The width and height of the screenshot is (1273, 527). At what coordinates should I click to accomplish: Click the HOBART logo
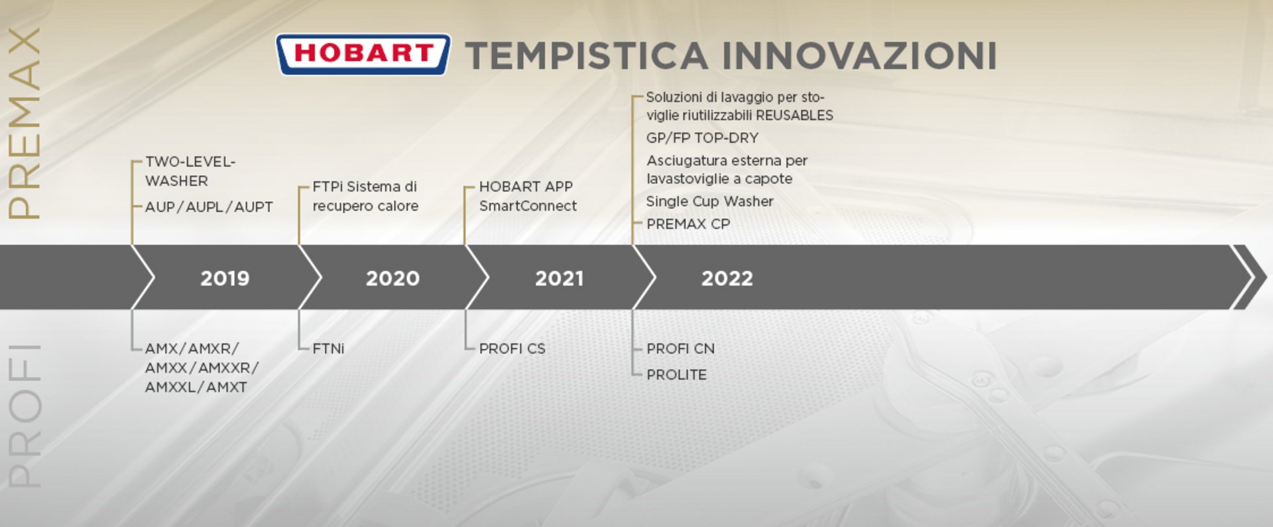point(363,54)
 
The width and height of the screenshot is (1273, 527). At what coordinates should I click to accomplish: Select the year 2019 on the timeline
point(225,278)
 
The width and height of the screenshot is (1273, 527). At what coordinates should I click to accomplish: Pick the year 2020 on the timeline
point(393,278)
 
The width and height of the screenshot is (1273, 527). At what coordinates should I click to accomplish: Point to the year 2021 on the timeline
point(560,278)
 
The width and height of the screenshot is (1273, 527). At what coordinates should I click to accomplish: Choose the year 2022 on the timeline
point(727,278)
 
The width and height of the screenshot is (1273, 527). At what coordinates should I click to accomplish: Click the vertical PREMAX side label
point(24,123)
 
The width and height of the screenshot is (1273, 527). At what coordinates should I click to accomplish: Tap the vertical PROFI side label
point(24,416)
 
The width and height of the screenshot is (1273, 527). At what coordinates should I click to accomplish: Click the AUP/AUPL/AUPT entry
point(209,207)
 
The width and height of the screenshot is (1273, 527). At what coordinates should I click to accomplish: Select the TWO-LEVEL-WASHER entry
point(190,171)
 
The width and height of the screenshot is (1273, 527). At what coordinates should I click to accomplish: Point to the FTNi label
point(328,348)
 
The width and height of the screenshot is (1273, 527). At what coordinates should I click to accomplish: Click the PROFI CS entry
point(513,348)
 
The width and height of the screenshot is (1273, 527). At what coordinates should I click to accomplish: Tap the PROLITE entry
point(676,375)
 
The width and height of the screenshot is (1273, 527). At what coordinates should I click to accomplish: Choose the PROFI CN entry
point(680,348)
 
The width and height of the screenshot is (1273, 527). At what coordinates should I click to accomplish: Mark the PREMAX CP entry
point(688,224)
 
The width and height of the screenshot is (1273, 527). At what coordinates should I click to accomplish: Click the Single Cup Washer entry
point(709,202)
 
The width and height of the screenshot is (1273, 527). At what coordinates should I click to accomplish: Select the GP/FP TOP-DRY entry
point(702,138)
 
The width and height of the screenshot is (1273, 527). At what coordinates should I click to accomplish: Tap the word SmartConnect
point(528,206)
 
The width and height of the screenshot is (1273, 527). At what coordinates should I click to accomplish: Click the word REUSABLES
point(794,115)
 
